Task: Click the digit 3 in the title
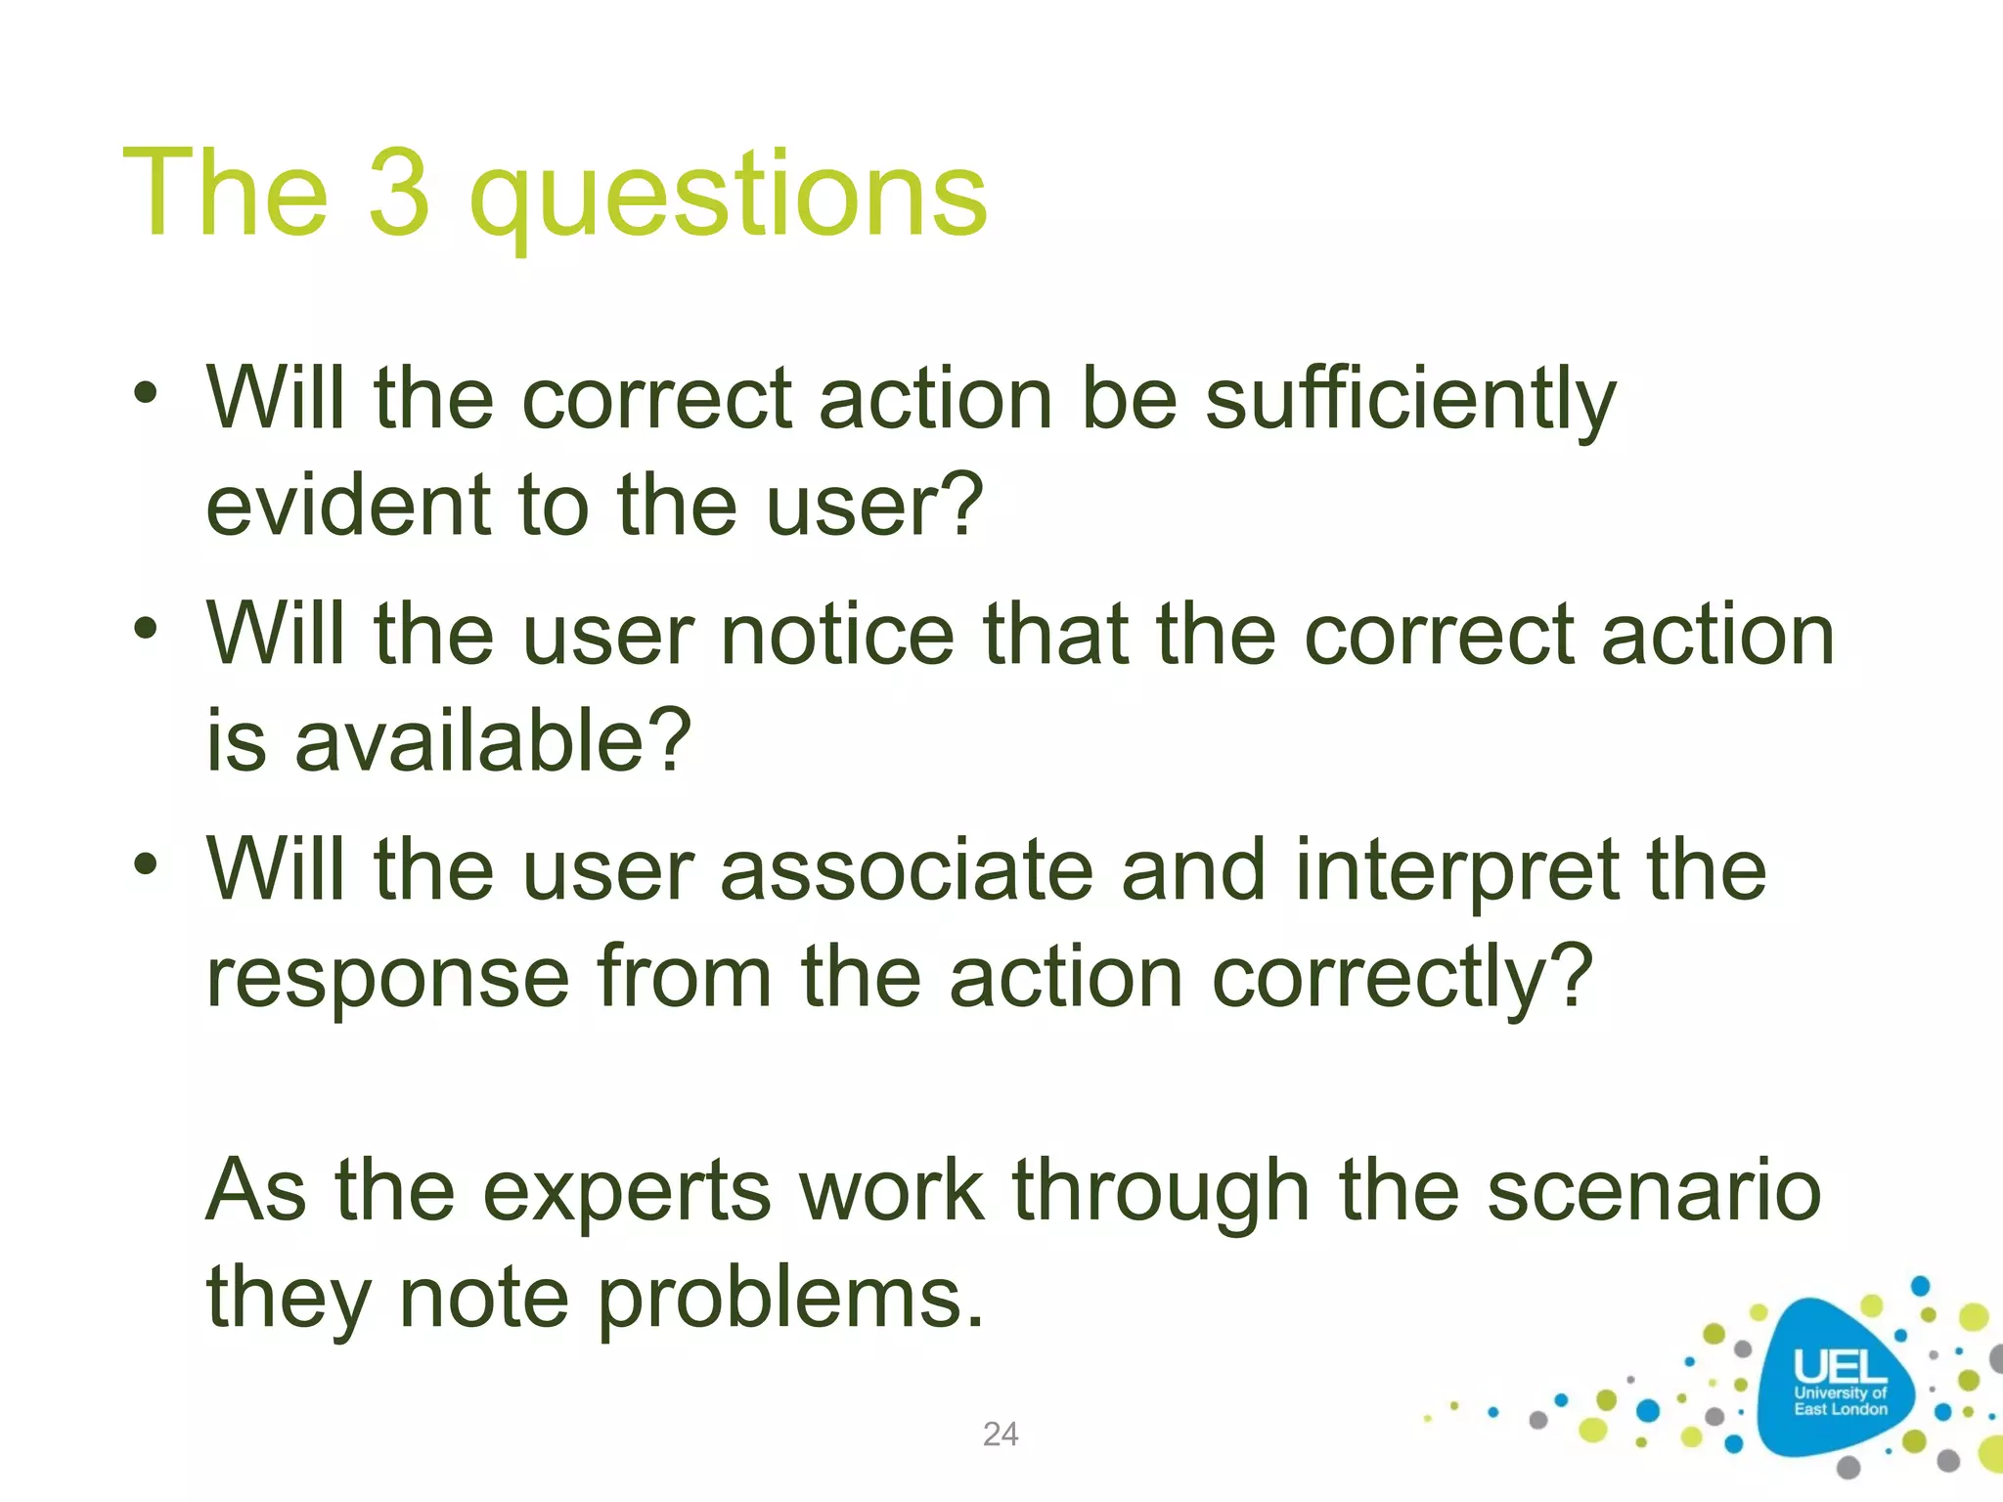399,192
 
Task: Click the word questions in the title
728,196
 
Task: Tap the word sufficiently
1409,399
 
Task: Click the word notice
837,635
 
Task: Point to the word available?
492,740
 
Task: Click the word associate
906,869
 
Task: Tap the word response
388,979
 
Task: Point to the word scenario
1654,1191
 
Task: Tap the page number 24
1001,1434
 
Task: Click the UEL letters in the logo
1838,1366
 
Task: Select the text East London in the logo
1840,1409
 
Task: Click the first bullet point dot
146,394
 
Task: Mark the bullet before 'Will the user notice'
146,629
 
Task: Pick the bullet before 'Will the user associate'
146,863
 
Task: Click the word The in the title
225,192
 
